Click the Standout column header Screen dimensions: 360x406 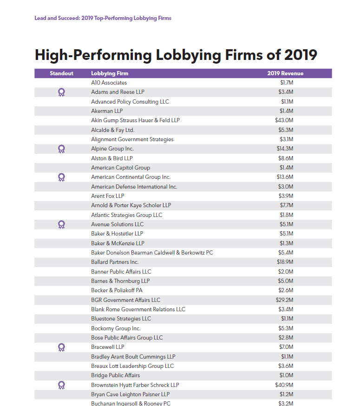[61, 73]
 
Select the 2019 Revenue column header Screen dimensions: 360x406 [285, 73]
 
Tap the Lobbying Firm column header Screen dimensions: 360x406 [110, 73]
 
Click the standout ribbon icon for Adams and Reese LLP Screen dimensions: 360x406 [61, 92]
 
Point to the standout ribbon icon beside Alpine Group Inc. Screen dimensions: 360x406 [61, 149]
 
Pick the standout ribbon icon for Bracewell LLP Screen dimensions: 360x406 [61, 347]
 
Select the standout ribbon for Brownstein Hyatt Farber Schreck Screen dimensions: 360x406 [61, 385]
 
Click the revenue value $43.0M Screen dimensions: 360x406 [284, 120]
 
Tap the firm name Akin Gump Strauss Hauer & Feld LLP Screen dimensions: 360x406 [135, 120]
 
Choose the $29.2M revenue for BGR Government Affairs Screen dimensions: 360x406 [284, 300]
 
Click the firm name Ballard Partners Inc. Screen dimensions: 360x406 [115, 262]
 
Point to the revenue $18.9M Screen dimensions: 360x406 [285, 262]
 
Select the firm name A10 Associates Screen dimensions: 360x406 [109, 83]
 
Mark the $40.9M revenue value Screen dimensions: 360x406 [284, 385]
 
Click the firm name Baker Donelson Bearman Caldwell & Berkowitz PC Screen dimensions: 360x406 [152, 253]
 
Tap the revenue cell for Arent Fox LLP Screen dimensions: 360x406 [286, 196]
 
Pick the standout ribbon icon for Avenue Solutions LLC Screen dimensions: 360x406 [61, 224]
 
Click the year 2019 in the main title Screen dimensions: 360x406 [301, 55]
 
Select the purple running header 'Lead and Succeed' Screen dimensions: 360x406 [57, 18]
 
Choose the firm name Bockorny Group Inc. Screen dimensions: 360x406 [116, 328]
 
